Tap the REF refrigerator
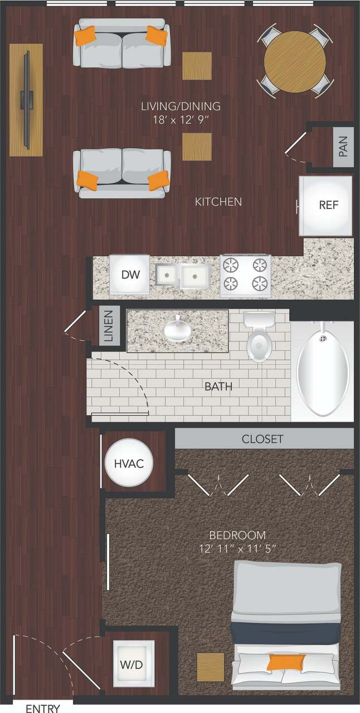pos(326,205)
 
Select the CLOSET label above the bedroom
pos(262,439)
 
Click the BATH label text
pos(218,386)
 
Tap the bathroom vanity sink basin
pos(178,330)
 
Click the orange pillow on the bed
pos(286,662)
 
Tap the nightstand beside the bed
pos(211,667)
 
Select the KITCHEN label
pos(218,202)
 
